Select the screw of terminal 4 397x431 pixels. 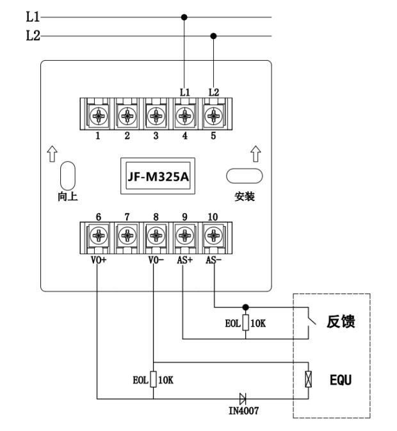[x=185, y=116]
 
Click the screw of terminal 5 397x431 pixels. [x=213, y=116]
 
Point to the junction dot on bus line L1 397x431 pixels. [x=185, y=17]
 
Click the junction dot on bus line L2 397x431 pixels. [x=214, y=36]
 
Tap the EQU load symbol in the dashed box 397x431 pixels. [x=309, y=380]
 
